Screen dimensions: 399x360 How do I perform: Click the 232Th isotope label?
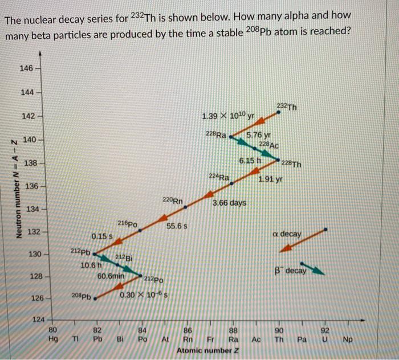point(287,107)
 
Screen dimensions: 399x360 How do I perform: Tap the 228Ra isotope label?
point(216,134)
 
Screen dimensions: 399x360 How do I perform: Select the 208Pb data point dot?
point(95,298)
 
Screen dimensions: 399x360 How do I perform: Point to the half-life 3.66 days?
point(229,203)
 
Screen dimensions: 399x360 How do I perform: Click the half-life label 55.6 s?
point(177,226)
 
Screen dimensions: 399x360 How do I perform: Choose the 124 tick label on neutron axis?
point(38,320)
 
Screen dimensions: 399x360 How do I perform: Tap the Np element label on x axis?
point(348,339)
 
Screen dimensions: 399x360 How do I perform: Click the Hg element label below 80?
point(53,339)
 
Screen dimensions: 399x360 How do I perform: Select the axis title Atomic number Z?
point(207,350)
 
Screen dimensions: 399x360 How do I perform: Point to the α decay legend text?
point(287,234)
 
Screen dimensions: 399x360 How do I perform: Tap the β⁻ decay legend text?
point(290,270)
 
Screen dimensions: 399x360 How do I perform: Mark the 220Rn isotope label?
point(173,201)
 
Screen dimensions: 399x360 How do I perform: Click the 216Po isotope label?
point(128,224)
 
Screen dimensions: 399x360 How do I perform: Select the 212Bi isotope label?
point(124,258)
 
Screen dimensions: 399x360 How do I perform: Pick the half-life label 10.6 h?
point(91,265)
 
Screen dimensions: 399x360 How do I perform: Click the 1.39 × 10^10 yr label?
point(228,116)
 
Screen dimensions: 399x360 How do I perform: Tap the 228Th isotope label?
point(291,164)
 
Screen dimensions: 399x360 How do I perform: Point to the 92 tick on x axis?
point(325,330)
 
